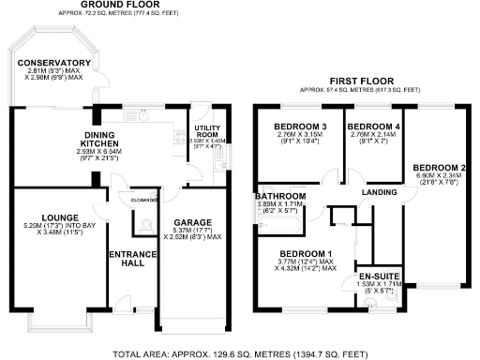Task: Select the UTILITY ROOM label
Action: point(206,131)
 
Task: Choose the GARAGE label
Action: point(192,222)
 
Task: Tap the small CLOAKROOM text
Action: point(143,199)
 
